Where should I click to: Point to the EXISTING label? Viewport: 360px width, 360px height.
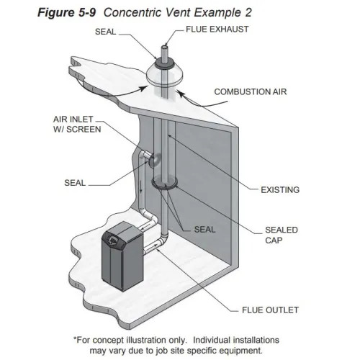[x=279, y=190]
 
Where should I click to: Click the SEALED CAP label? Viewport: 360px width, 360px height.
[x=279, y=235]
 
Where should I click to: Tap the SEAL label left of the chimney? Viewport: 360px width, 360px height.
[x=73, y=182]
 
